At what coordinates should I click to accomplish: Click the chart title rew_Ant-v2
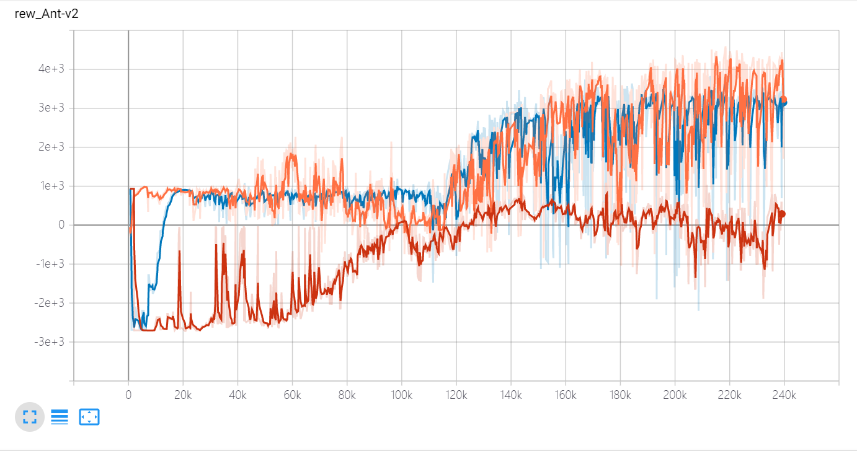47,14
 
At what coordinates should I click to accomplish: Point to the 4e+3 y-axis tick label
51,69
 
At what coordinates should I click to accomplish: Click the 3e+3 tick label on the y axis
51,108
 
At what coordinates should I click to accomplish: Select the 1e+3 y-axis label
51,186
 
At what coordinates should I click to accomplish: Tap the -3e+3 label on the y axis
50,342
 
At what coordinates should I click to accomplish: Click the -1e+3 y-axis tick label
50,264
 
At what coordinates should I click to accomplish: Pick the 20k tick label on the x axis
183,395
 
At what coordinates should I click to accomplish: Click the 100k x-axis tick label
401,395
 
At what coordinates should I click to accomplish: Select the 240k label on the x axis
784,395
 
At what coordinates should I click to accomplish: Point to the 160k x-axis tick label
565,395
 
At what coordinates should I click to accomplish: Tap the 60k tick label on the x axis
292,395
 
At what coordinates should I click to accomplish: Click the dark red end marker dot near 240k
783,214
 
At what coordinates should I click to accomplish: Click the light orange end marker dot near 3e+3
784,99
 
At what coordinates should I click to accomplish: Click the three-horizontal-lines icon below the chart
60,418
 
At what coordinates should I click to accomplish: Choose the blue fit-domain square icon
89,418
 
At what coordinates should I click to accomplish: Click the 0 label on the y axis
61,225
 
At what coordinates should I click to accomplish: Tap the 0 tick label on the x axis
128,395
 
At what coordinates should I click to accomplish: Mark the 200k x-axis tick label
675,395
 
